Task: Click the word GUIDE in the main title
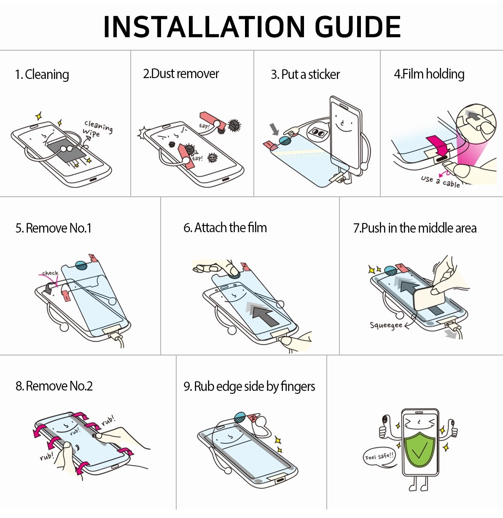coord(358,27)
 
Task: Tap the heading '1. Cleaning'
coord(42,75)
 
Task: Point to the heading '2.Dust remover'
coord(181,74)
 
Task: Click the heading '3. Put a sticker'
coord(305,75)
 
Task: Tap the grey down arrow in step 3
coord(274,129)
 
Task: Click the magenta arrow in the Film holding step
coord(438,146)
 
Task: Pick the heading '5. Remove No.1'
coord(54,228)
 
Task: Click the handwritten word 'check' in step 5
coord(50,273)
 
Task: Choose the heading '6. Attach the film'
coord(225,228)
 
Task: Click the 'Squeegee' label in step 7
coord(386,325)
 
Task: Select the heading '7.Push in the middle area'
coord(415,228)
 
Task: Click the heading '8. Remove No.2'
coord(54,386)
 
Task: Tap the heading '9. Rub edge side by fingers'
coord(249,387)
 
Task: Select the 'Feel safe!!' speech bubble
coord(379,457)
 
